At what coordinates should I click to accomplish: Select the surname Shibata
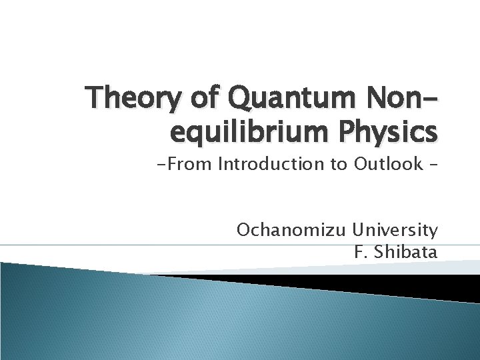coord(407,252)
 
